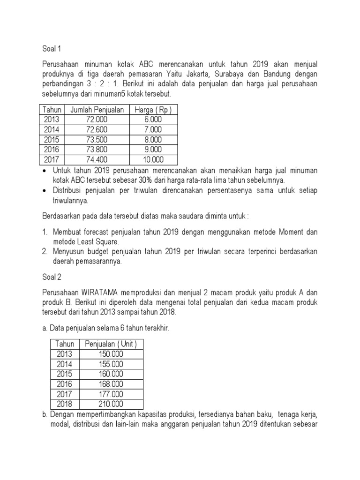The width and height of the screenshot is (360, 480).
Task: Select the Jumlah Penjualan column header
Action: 97,110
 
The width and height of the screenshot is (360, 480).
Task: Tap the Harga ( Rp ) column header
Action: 153,110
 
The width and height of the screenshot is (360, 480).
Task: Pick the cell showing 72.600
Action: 97,129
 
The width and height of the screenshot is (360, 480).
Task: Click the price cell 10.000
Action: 153,160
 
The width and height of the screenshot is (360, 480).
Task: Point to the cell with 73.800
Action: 97,150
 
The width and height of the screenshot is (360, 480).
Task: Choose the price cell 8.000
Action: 153,140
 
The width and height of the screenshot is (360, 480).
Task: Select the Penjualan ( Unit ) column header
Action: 111,344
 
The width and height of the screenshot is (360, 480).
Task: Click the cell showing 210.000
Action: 111,404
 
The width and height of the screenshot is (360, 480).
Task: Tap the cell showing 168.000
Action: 111,384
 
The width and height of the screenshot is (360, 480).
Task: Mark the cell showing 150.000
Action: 111,354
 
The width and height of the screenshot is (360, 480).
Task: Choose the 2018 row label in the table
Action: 65,404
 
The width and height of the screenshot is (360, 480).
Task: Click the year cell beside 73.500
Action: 52,140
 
